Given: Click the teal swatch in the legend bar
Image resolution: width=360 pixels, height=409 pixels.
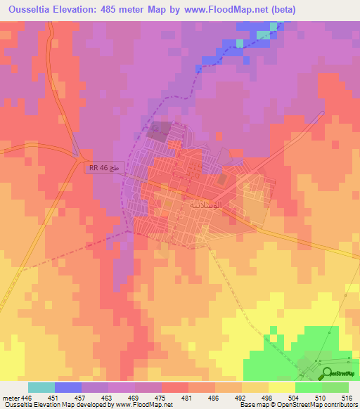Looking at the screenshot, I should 41,387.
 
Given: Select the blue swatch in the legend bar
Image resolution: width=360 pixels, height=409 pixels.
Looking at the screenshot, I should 68,387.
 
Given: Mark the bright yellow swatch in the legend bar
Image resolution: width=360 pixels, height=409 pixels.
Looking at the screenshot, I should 281,387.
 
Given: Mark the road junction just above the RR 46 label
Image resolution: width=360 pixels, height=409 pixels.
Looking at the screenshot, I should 82,157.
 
